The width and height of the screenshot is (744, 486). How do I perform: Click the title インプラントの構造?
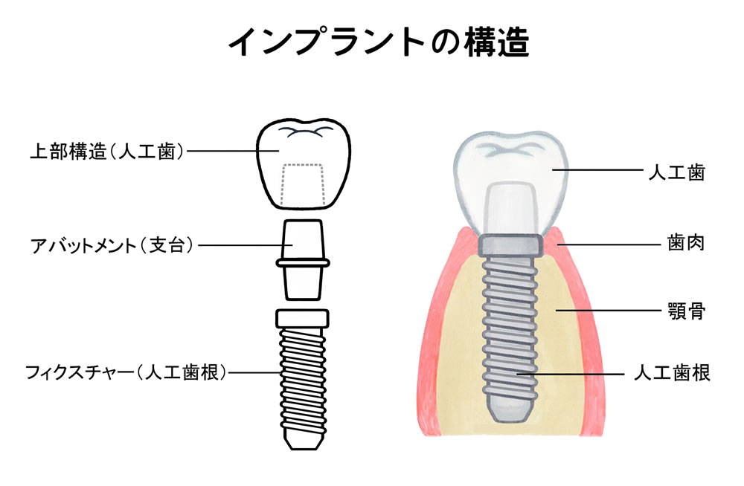tap(379, 42)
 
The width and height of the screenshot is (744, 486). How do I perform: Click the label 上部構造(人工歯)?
tap(106, 152)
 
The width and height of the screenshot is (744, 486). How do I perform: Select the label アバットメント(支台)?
tap(112, 245)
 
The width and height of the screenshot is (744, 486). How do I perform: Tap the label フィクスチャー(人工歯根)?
tap(126, 372)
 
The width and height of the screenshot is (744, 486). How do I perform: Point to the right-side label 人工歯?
tap(677, 172)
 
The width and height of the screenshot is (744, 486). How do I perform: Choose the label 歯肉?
tap(686, 243)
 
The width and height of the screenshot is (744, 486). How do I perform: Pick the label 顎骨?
tap(686, 311)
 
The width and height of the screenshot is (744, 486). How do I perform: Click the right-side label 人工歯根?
tap(673, 373)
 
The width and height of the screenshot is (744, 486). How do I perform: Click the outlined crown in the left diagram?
tap(304, 163)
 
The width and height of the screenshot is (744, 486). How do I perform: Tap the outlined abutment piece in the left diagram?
tap(304, 260)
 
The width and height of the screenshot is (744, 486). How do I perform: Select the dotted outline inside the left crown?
tap(303, 185)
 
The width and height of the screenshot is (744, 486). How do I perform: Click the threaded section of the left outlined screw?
tap(304, 378)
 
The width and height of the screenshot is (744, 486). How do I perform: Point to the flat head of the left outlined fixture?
tap(302, 319)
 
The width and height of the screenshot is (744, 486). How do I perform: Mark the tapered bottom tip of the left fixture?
tap(304, 439)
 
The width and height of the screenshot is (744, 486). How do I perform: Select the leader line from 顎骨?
tap(609, 311)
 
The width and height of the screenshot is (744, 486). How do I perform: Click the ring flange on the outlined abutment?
tap(304, 262)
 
